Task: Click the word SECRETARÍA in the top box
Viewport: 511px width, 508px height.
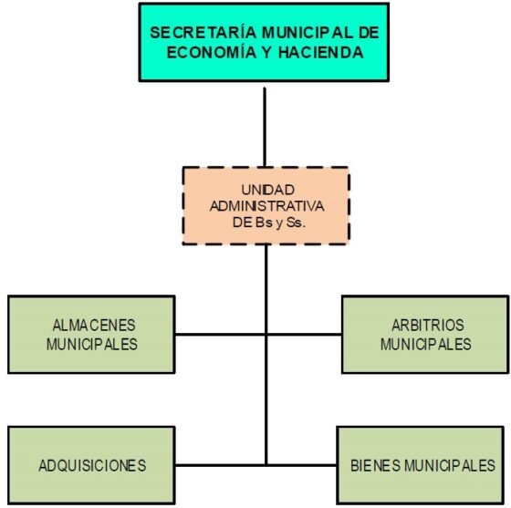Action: click(203, 33)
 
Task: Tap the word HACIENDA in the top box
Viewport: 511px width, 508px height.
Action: click(321, 52)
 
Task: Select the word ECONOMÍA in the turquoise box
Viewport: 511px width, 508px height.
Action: click(212, 52)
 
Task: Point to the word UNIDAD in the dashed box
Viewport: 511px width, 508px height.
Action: click(268, 190)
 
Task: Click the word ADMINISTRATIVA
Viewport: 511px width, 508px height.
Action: click(266, 206)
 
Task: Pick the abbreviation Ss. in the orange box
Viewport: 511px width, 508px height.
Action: click(296, 223)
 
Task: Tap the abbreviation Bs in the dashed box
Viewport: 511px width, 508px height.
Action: click(265, 223)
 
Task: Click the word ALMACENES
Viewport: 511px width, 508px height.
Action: click(94, 325)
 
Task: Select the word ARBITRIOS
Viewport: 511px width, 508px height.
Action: click(428, 325)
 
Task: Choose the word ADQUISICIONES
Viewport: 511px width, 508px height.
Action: click(92, 465)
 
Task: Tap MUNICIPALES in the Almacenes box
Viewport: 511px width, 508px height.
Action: click(92, 344)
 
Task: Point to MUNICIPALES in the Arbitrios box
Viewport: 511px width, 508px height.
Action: click(426, 344)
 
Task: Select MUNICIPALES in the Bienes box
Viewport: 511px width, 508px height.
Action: click(450, 465)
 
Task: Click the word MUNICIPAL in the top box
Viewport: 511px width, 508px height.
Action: click(308, 33)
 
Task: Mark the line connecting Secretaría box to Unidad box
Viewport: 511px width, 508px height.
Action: click(265, 128)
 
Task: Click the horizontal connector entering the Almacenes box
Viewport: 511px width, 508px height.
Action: click(220, 334)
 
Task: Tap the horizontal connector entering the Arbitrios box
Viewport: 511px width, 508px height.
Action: click(304, 334)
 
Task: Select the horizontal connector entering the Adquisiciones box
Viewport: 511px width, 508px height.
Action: click(220, 465)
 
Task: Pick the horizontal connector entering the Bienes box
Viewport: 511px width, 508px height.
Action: click(302, 465)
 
